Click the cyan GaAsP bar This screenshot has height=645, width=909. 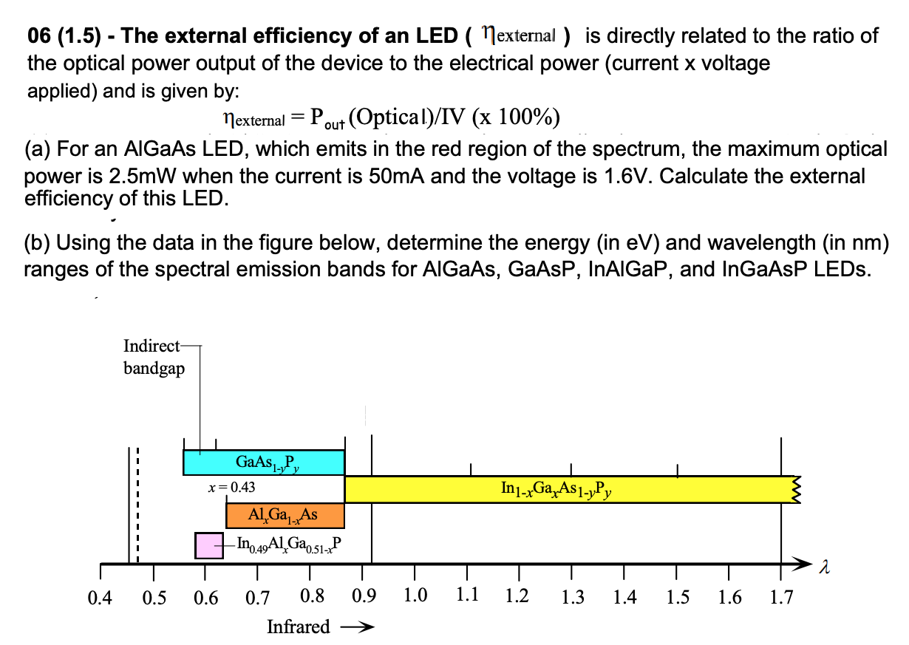(264, 463)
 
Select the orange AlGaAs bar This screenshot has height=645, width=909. (285, 515)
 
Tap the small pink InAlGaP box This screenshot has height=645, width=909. (208, 545)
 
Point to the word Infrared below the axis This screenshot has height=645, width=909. (298, 627)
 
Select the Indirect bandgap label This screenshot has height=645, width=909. (154, 357)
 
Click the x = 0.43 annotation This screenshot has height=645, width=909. (233, 488)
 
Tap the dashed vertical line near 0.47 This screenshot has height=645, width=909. (137, 502)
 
